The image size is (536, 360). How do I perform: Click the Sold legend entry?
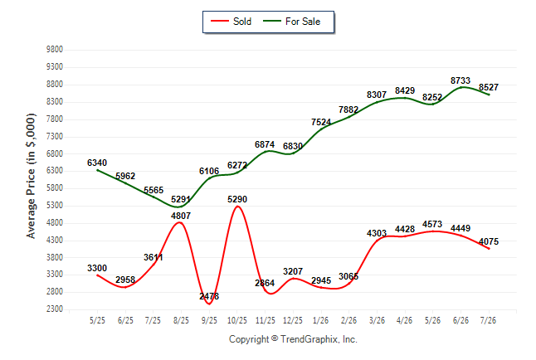[x=231, y=22]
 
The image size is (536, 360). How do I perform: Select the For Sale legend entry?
[x=292, y=22]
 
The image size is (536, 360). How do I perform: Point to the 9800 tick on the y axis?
[x=55, y=50]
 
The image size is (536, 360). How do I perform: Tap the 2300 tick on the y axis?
[x=55, y=309]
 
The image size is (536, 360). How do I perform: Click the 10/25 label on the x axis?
[x=237, y=321]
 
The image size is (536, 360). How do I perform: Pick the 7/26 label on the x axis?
[x=488, y=321]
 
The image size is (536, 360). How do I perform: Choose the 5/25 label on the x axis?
[x=97, y=321]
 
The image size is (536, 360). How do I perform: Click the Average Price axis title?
[x=31, y=176]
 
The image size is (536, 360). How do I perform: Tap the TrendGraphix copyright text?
[x=293, y=339]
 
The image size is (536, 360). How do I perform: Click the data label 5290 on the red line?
[x=237, y=199]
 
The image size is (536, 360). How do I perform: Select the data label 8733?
[x=460, y=80]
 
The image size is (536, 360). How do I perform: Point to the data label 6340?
[x=97, y=163]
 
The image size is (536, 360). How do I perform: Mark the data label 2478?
[x=209, y=296]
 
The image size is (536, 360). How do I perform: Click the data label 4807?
[x=181, y=216]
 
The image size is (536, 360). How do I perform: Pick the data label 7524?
[x=321, y=123]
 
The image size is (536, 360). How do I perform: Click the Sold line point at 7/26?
[x=489, y=249]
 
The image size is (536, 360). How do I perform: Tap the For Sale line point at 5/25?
[x=97, y=170]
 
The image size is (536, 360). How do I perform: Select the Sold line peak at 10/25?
[x=237, y=207]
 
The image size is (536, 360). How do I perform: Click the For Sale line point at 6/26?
[x=460, y=87]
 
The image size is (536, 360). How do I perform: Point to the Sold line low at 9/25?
[x=209, y=304]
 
